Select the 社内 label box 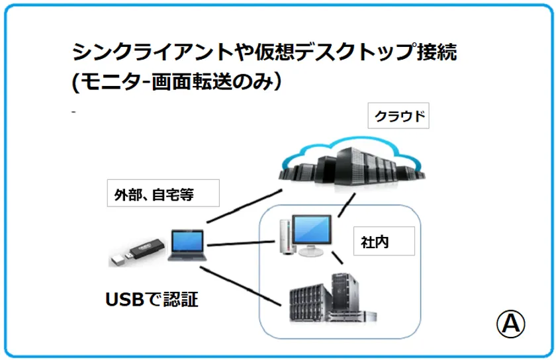pyautogui.click(x=383, y=242)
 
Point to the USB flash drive pyautogui.click(x=136, y=252)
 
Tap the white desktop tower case pyautogui.click(x=285, y=238)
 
